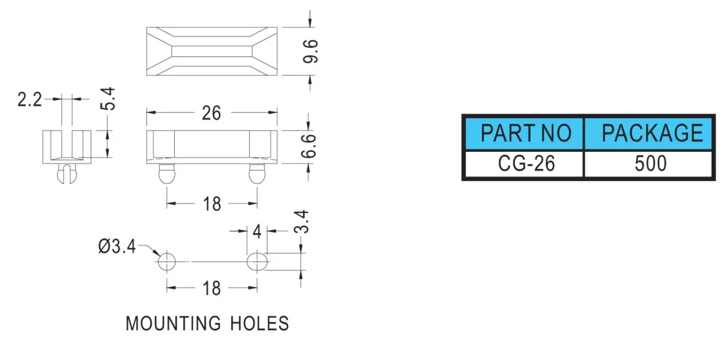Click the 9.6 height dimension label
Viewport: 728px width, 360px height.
point(311,52)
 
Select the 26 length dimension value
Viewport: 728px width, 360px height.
point(211,113)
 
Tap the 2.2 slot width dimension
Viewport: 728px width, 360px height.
point(30,100)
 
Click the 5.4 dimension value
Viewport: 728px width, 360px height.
point(108,98)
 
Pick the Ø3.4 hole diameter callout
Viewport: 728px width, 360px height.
point(116,246)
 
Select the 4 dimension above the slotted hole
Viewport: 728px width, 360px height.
point(257,231)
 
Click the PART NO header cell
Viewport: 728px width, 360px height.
point(525,134)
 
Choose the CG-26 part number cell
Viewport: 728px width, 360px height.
point(525,163)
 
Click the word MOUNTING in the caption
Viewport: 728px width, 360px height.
point(173,324)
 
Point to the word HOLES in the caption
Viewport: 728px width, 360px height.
point(260,324)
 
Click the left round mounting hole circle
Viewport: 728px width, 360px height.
point(167,262)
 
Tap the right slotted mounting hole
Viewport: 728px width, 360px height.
point(257,262)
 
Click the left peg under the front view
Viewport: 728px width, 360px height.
point(167,174)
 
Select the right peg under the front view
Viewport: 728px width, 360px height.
point(257,174)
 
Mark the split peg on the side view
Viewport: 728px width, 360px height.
point(67,174)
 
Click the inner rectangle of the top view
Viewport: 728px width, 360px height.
point(212,52)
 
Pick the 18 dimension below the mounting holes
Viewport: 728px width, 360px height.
point(212,288)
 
